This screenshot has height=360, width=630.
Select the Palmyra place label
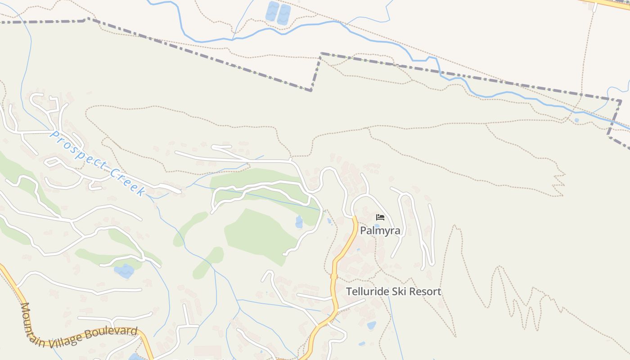click(x=380, y=231)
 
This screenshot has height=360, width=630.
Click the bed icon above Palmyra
click(x=380, y=218)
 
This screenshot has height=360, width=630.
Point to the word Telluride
click(x=365, y=292)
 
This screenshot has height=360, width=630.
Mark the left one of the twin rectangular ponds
click(x=272, y=12)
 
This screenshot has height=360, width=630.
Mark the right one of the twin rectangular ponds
click(x=284, y=14)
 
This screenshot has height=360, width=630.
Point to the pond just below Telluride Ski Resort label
click(x=371, y=325)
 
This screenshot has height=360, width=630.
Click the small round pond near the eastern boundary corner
click(x=576, y=120)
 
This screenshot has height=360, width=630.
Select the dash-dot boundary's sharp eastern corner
click(x=621, y=101)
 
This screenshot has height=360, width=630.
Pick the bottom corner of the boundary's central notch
click(x=311, y=90)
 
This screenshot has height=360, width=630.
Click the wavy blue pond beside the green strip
click(x=124, y=271)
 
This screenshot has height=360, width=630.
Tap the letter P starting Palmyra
click(x=363, y=231)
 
